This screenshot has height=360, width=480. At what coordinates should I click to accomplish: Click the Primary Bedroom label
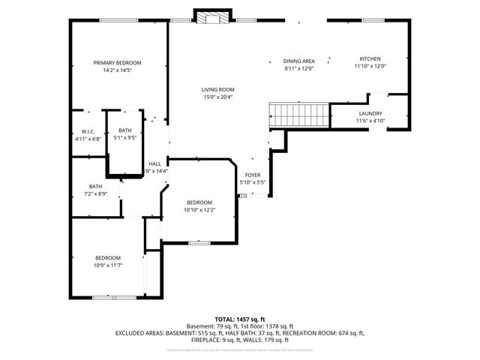click(x=117, y=62)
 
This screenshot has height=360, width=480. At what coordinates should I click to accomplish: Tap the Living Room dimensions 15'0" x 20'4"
click(x=217, y=97)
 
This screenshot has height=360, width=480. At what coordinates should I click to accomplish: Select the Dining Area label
click(x=298, y=61)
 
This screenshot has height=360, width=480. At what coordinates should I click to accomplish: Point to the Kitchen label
click(x=370, y=58)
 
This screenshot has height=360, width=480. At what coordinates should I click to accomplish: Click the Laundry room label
click(x=370, y=114)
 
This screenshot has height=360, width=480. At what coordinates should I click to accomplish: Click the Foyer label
click(x=253, y=175)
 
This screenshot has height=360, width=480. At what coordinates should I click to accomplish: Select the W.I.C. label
click(x=88, y=131)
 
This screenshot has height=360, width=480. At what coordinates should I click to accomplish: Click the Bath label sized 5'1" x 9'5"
click(x=124, y=131)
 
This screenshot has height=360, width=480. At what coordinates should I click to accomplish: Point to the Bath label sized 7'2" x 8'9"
click(x=95, y=187)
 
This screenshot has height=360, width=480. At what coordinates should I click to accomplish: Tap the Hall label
click(x=154, y=163)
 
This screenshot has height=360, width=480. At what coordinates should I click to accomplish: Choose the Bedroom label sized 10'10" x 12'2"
click(x=199, y=202)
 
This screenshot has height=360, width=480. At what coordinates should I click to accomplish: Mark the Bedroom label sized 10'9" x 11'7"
click(x=107, y=258)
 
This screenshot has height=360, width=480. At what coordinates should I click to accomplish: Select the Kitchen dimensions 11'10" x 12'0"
click(x=370, y=66)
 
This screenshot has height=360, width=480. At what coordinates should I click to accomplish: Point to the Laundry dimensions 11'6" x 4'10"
click(x=370, y=121)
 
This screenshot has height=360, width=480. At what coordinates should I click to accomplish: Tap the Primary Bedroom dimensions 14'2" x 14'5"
click(x=117, y=70)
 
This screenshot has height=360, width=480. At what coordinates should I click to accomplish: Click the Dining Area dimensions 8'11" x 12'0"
click(x=298, y=68)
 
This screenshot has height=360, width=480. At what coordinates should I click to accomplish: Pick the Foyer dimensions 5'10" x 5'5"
click(x=253, y=182)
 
